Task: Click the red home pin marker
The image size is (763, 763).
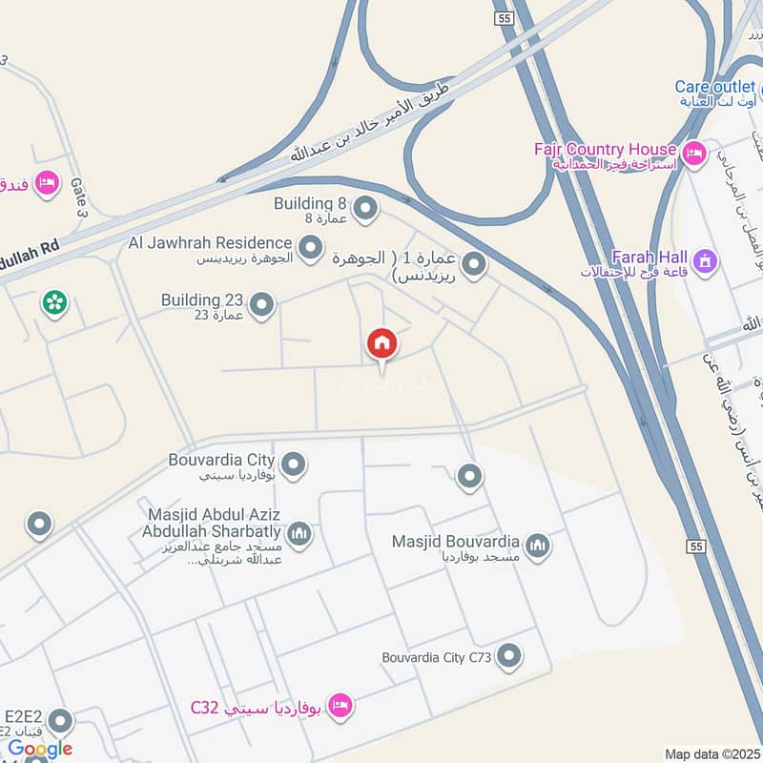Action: click(381, 343)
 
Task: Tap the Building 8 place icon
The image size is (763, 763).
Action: click(363, 207)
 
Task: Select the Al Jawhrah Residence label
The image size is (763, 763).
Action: click(210, 244)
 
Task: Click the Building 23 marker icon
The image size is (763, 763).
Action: click(262, 305)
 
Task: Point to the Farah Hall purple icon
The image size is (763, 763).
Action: click(705, 259)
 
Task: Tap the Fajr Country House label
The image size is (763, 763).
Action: click(606, 149)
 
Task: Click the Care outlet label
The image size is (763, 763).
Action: click(715, 87)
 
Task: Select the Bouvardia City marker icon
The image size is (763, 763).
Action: click(294, 464)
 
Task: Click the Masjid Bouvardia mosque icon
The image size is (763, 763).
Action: click(538, 546)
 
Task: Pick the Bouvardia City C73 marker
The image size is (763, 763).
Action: click(510, 656)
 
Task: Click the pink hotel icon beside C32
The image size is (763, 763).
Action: click(339, 707)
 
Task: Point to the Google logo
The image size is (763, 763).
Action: click(40, 749)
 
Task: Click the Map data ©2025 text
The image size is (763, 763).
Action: click(710, 753)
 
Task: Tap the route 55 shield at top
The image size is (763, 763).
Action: click(505, 19)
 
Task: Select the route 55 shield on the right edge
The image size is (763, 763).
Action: click(694, 545)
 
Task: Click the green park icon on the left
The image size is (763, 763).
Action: click(54, 303)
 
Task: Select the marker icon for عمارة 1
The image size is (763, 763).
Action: click(474, 264)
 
